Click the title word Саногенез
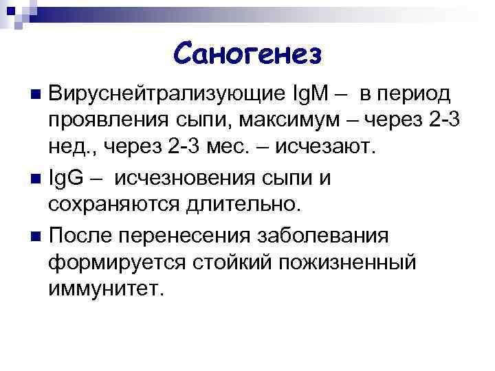(x=247, y=53)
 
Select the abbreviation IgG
(x=68, y=179)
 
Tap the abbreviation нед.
(x=71, y=150)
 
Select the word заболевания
(x=322, y=236)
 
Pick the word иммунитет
(x=107, y=291)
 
